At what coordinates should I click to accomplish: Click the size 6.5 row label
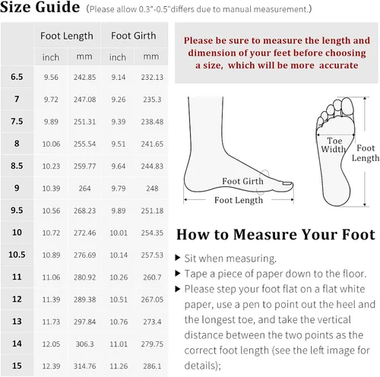tap(17, 77)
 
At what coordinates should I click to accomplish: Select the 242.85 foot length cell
tap(84, 77)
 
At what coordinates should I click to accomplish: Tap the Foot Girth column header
tap(134, 36)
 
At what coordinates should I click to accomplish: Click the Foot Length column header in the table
tap(67, 36)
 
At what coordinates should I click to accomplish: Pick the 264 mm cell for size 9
tap(84, 188)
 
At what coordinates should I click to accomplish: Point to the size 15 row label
tap(17, 366)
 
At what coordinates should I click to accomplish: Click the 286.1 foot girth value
tap(152, 366)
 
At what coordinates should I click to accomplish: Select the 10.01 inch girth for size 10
tap(119, 233)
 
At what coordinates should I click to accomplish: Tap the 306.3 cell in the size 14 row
tap(84, 344)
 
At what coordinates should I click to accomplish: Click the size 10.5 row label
tap(17, 255)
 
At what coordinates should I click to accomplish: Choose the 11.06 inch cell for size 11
tap(51, 277)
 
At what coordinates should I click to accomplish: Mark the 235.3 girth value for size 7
tap(152, 100)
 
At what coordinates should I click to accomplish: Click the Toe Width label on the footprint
tap(334, 144)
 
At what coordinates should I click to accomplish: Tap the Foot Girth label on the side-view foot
tap(242, 181)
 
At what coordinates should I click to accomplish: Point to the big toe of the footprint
tap(347, 107)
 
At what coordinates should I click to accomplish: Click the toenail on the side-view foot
tap(287, 183)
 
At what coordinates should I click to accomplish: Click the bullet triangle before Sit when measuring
tap(178, 258)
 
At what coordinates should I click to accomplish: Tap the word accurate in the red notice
tap(339, 65)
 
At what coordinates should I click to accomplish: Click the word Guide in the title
tap(58, 7)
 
